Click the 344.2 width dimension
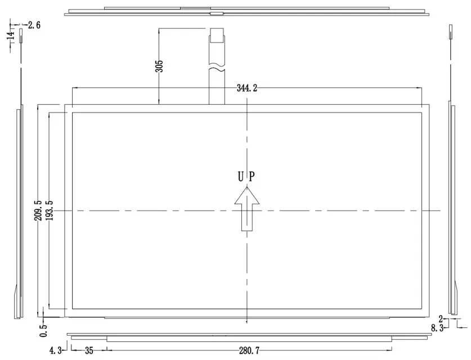point(248,88)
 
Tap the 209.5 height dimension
point(38,210)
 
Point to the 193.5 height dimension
point(50,210)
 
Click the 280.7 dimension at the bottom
point(248,351)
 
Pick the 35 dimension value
point(88,351)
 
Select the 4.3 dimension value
point(55,351)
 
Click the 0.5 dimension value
point(44,328)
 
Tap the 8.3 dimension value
point(438,328)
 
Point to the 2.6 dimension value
point(34,25)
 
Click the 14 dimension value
point(10,36)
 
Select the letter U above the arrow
point(240,177)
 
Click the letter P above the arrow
point(252,177)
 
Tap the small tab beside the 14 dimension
point(21,37)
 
